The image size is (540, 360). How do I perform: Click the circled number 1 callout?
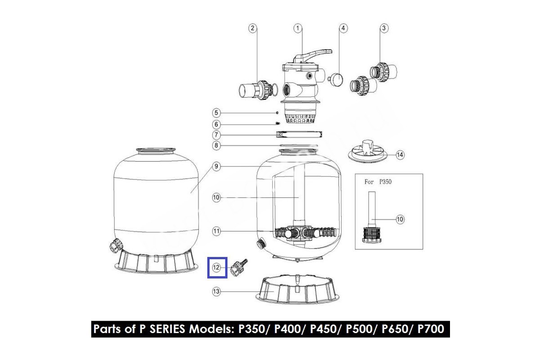pyautogui.click(x=298, y=28)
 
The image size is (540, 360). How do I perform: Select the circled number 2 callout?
pyautogui.click(x=252, y=28)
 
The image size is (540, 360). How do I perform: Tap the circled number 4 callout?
pyautogui.click(x=343, y=28)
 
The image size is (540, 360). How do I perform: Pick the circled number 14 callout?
pyautogui.click(x=400, y=155)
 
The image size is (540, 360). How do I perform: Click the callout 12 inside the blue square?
pyautogui.click(x=216, y=267)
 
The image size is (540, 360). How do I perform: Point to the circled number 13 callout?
pyautogui.click(x=216, y=292)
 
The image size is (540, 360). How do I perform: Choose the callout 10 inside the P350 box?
pyautogui.click(x=400, y=220)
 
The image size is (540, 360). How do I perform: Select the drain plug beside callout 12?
pyautogui.click(x=238, y=267)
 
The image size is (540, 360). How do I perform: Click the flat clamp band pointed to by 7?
pyautogui.click(x=299, y=134)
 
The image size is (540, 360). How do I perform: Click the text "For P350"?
pyautogui.click(x=378, y=181)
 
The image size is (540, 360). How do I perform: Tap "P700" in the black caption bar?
pyautogui.click(x=431, y=329)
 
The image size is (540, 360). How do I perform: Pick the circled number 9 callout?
pyautogui.click(x=216, y=166)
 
